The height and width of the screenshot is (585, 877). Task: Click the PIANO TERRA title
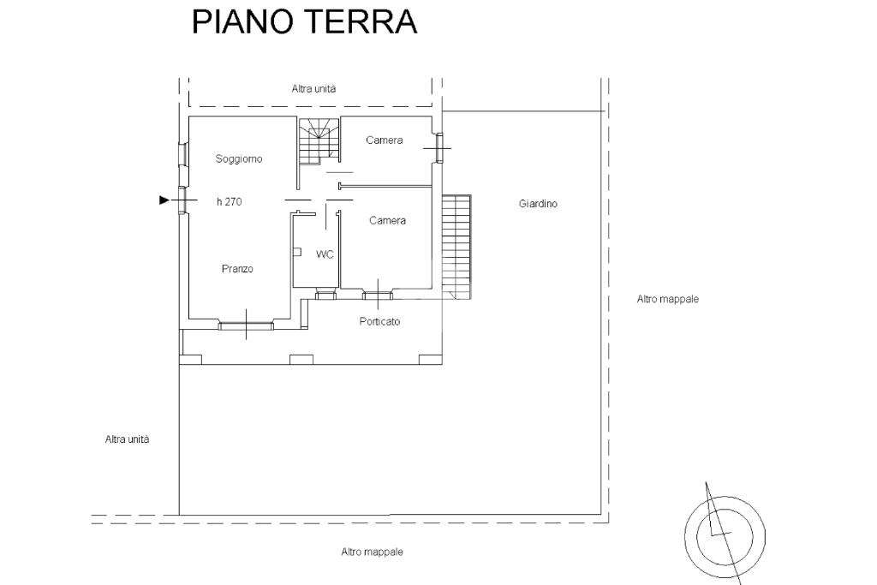[304, 22]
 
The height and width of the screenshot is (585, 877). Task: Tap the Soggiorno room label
[239, 158]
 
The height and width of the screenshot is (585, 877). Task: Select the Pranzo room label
[237, 269]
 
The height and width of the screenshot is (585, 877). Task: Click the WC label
[325, 254]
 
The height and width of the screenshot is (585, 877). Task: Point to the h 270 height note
[229, 201]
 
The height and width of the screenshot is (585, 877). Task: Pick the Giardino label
[538, 204]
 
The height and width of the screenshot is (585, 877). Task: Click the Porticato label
[380, 322]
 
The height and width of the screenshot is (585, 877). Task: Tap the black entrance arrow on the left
[164, 200]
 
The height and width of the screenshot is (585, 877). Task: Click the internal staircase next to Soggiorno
[319, 140]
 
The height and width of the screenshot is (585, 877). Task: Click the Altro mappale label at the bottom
[372, 552]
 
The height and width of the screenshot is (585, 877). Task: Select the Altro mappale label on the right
[668, 300]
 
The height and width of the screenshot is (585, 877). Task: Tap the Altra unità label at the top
[313, 89]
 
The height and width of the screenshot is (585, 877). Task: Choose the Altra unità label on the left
[127, 439]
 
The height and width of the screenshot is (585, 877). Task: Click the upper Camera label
[385, 140]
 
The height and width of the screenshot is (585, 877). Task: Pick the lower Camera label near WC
[387, 221]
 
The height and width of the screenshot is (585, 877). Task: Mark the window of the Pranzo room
[246, 325]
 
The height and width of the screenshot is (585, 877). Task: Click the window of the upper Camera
[439, 148]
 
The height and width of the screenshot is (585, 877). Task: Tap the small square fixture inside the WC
[296, 253]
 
